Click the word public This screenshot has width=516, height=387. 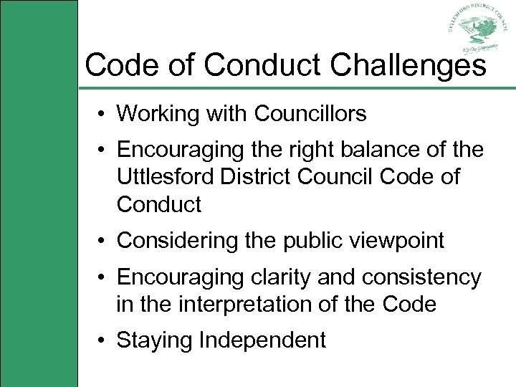pos(314,242)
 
